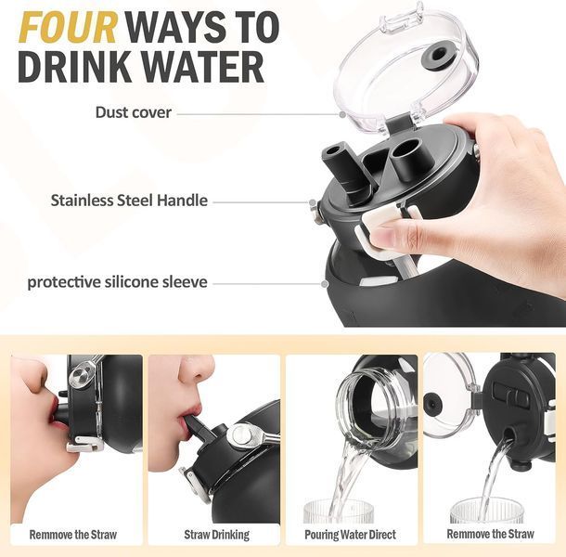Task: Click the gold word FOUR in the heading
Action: pyautogui.click(x=69, y=28)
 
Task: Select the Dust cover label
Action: pyautogui.click(x=134, y=112)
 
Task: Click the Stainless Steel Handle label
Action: pyautogui.click(x=129, y=201)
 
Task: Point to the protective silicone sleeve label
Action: pyautogui.click(x=118, y=282)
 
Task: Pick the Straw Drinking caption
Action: pyautogui.click(x=216, y=535)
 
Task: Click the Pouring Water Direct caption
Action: pyautogui.click(x=350, y=535)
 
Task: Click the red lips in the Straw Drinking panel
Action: pyautogui.click(x=187, y=419)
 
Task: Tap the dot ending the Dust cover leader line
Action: pyautogui.click(x=342, y=114)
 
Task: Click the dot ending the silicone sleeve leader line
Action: pyautogui.click(x=325, y=284)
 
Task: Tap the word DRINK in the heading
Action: pyautogui.click(x=75, y=68)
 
